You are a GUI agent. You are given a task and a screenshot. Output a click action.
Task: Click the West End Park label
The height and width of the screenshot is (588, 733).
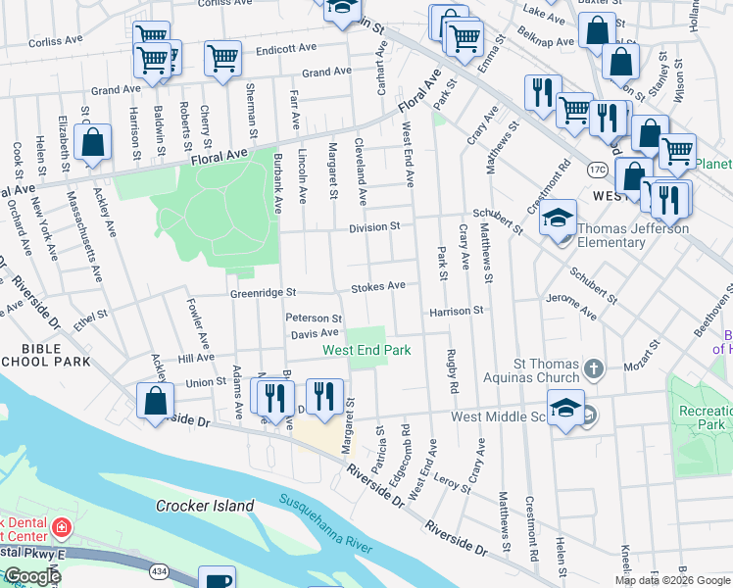click(x=366, y=350)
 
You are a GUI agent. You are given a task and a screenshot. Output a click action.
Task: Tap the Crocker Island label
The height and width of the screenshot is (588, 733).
click(x=205, y=507)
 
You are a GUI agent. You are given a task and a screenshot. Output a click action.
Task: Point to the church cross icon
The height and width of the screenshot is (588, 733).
click(x=592, y=369)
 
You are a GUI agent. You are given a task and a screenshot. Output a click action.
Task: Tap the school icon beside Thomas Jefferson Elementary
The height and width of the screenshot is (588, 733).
click(x=558, y=217)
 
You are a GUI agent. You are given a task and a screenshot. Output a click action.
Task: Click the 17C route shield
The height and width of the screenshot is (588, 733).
click(x=597, y=171)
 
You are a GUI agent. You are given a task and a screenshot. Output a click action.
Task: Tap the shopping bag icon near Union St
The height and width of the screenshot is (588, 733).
click(x=155, y=400)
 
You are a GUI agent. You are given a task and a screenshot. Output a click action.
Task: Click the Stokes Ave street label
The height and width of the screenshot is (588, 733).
click(x=378, y=286)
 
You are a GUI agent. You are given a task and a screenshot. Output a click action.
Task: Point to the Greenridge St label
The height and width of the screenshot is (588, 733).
click(x=263, y=292)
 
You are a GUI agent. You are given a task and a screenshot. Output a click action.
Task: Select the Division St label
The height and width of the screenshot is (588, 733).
click(x=374, y=226)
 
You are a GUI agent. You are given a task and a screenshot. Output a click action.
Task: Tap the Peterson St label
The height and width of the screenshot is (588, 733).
click(x=314, y=318)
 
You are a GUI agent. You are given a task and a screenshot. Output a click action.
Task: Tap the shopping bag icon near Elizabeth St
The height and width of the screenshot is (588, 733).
click(x=92, y=142)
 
